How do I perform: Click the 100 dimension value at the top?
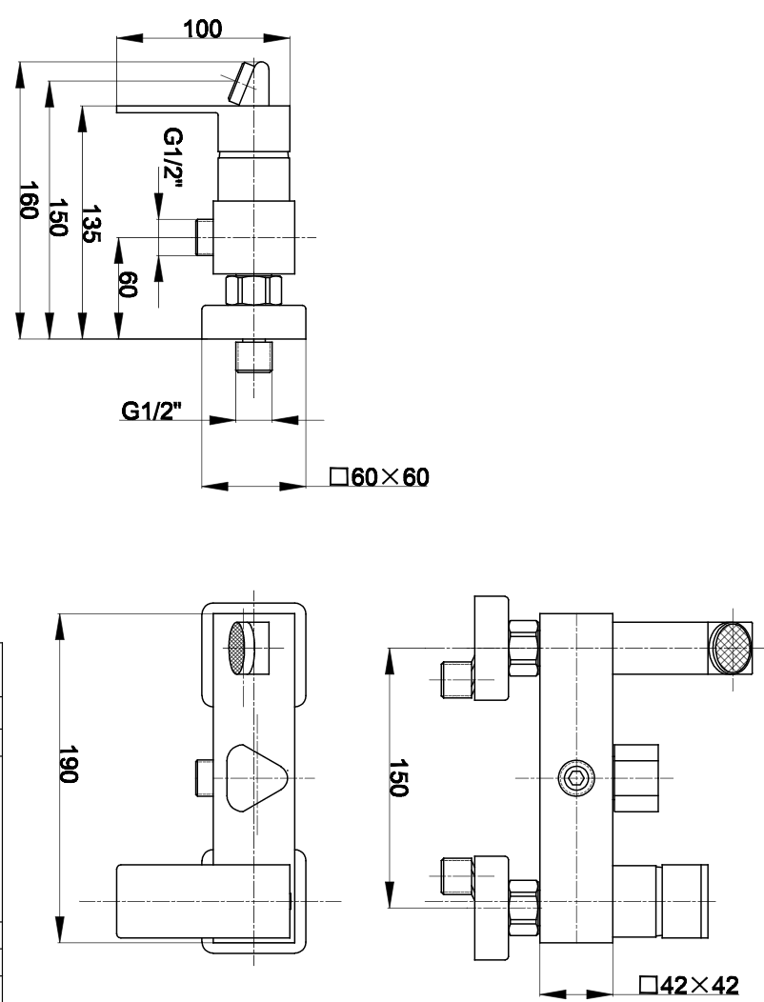202,28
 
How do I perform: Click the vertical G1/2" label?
171,158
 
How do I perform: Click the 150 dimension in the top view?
59,219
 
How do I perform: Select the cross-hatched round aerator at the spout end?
731,647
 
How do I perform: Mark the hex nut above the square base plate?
254,290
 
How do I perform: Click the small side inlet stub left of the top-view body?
205,236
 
